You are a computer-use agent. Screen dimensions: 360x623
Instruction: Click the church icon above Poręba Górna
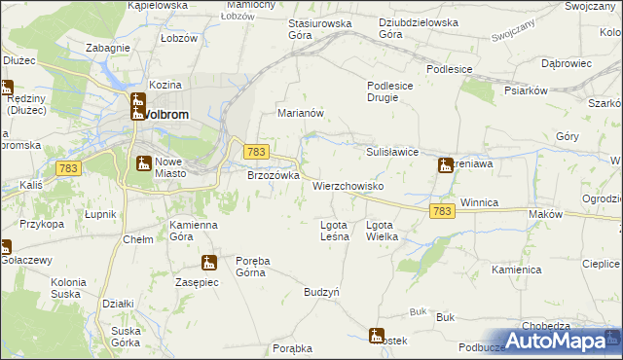tap(208, 262)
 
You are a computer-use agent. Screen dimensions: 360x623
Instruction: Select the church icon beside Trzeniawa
tap(445, 165)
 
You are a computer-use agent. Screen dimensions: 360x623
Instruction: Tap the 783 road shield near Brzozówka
tap(255, 152)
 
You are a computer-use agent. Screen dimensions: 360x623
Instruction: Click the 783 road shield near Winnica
tap(441, 211)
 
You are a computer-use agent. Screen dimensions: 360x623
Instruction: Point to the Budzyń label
tap(321, 292)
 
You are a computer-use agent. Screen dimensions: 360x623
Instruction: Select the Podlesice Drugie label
tap(392, 91)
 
